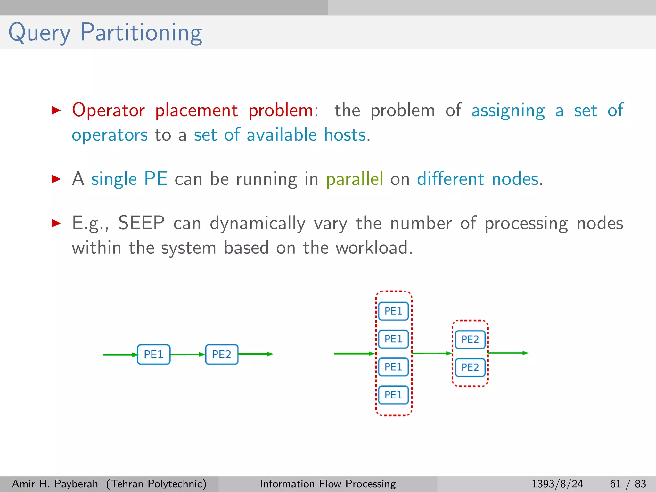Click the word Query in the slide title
pos(39,33)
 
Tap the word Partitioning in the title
pos(141,33)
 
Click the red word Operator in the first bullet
pos(108,111)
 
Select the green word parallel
pos(355,179)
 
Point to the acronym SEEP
pos(141,223)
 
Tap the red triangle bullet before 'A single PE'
pos(56,179)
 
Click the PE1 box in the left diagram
pos(153,355)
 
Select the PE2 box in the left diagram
pos(222,355)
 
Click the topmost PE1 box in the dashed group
pos(393,311)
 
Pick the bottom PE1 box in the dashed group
pos(393,395)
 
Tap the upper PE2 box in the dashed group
pos(470,340)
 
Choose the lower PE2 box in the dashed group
pos(470,367)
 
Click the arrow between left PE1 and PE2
pos(187,354)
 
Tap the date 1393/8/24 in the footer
pos(557,484)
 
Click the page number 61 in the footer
pos(615,484)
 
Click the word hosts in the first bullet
pos(345,135)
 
